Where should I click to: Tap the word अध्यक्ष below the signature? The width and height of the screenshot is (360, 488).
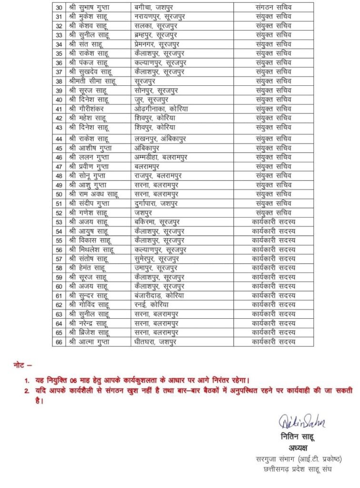click(299, 448)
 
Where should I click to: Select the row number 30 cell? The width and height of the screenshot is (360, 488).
click(59, 8)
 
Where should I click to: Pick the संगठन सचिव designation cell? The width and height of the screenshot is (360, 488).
click(273, 8)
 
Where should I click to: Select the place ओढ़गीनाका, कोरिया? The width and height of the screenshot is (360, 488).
click(161, 109)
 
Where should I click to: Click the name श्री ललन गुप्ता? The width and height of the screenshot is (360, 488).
click(89, 157)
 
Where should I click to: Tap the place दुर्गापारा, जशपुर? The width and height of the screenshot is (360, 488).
click(156, 203)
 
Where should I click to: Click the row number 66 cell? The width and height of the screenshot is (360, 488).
click(59, 342)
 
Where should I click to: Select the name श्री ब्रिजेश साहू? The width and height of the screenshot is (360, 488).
click(90, 332)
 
